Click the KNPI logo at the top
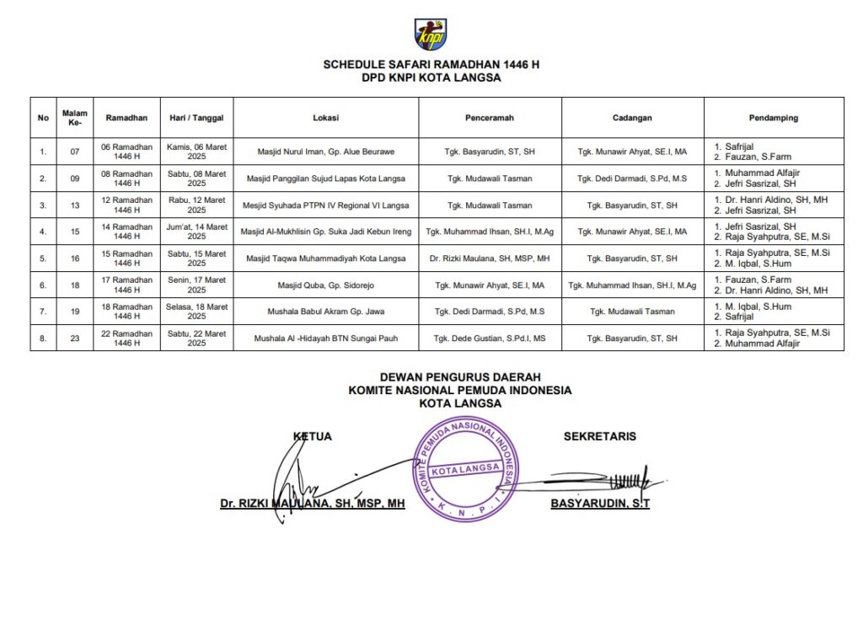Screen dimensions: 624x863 [431, 35]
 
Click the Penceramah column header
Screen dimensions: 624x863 [490, 118]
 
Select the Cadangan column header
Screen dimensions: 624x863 [632, 118]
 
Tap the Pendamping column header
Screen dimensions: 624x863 [773, 118]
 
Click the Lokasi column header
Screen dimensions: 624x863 [325, 118]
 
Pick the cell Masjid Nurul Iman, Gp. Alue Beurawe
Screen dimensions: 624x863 [325, 152]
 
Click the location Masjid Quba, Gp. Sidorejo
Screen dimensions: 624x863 [325, 285]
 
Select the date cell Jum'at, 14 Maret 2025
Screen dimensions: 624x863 [196, 232]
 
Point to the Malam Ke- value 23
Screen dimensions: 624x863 [74, 339]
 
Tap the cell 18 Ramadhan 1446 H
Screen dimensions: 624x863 [126, 312]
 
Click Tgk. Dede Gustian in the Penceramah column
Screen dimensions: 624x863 [490, 339]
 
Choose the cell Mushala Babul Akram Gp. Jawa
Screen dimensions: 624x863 [325, 312]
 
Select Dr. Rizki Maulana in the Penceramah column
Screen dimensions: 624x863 [490, 259]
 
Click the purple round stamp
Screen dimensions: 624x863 [464, 469]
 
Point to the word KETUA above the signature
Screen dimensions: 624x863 [312, 436]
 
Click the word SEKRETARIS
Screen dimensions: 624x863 [599, 436]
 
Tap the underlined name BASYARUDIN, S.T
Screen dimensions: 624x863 [599, 504]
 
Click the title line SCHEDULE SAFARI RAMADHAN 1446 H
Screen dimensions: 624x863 [431, 64]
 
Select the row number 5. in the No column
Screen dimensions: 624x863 [43, 259]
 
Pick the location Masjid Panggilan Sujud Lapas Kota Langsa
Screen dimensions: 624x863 [325, 179]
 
